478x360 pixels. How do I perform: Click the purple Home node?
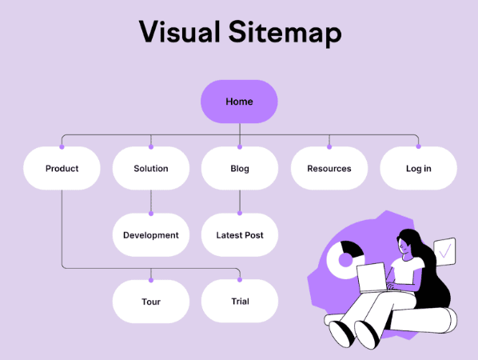239,102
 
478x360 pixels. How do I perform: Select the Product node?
62,169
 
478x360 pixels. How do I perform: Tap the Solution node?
151,169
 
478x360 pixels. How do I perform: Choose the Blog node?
240,169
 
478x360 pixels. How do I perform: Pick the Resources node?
329,169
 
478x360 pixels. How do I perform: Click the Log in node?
419,169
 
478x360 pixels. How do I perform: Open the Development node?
151,235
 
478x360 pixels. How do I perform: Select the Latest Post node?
240,235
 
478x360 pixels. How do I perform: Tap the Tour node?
151,302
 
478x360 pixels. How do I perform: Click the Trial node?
240,301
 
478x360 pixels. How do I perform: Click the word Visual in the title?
180,32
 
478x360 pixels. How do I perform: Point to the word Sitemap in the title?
285,34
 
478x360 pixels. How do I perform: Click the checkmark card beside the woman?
444,251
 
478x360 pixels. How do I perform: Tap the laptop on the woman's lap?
372,278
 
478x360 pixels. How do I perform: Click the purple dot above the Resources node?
329,146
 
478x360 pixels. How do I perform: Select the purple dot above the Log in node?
419,146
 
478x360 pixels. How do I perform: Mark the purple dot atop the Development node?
151,214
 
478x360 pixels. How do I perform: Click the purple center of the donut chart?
345,260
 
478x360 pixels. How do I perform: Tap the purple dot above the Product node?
62,146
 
